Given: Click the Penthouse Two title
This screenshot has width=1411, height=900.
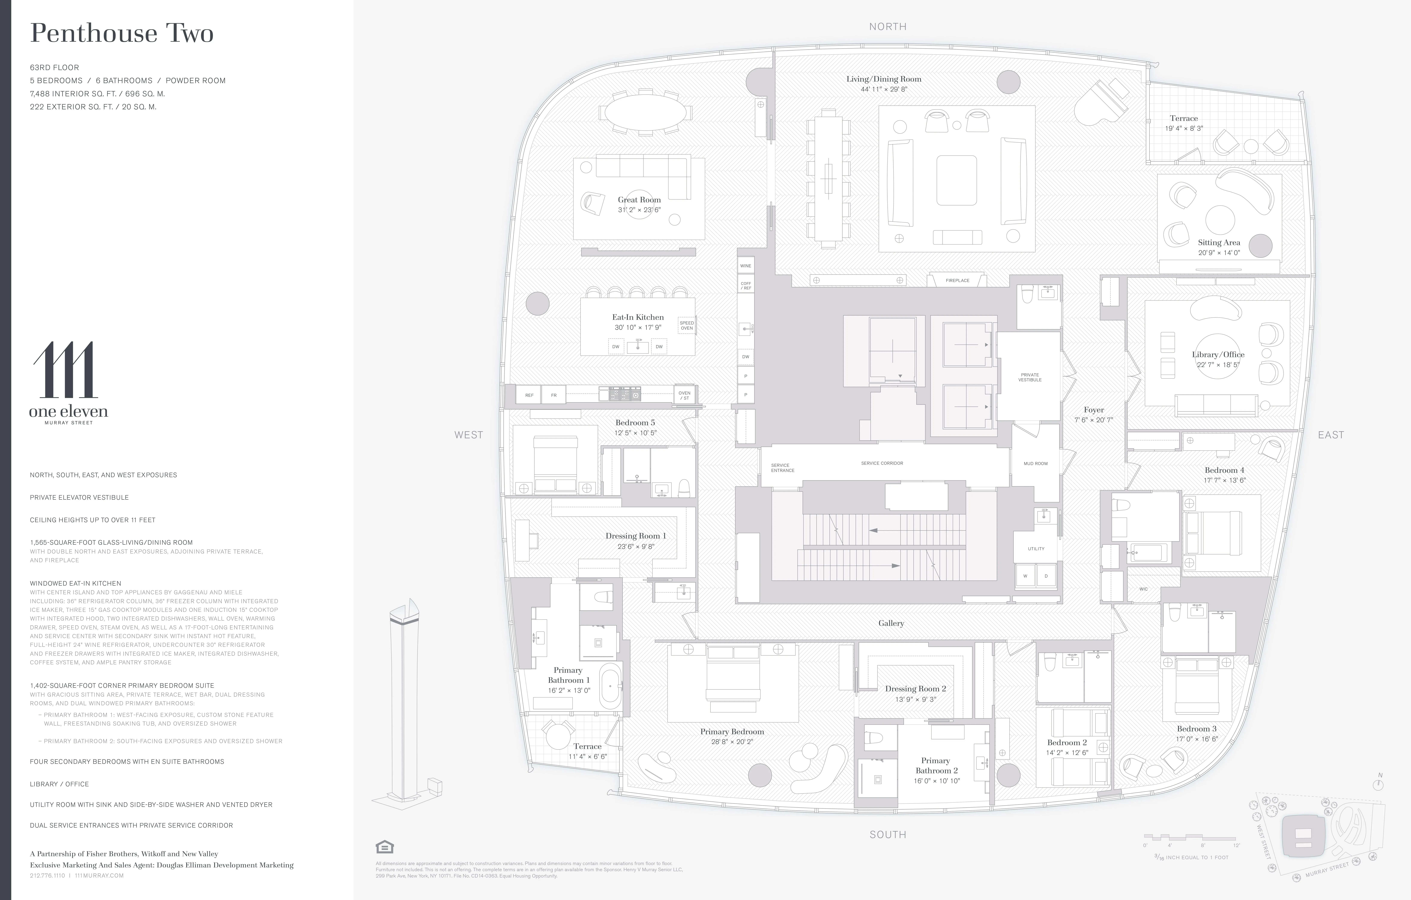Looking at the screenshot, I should click(122, 33).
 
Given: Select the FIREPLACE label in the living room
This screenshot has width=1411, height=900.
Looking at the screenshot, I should click(957, 280).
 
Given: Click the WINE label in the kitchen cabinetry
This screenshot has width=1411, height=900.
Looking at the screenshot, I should click(745, 266).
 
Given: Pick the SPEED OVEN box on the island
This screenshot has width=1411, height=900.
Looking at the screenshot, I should click(686, 325).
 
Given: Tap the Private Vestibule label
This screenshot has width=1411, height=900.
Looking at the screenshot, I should click(1029, 377).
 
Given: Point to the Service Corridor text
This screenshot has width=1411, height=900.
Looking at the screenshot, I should click(882, 463).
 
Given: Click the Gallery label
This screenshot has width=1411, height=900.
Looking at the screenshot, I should click(891, 623).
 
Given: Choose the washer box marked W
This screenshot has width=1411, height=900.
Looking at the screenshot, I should click(1025, 576).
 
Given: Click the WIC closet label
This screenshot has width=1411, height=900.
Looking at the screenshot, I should click(1143, 589).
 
